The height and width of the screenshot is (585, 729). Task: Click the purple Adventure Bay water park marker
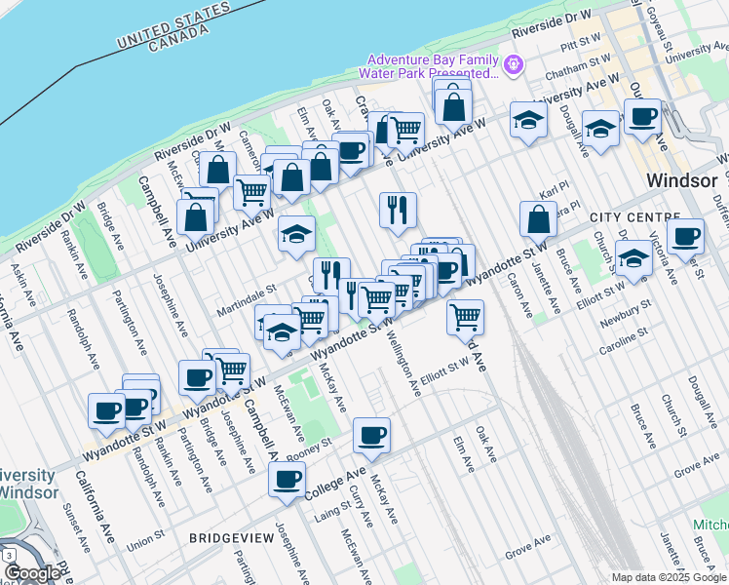tap(514, 65)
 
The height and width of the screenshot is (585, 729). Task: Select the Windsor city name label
tap(682, 182)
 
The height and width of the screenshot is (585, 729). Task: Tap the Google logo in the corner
tap(31, 572)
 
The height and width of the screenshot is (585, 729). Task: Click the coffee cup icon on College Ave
tap(288, 479)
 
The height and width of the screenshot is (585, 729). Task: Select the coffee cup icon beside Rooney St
tap(371, 436)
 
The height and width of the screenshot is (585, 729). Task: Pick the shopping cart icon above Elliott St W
tap(466, 317)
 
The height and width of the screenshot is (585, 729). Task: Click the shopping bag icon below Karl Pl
tap(538, 219)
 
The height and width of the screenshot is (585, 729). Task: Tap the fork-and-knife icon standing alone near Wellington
tap(398, 210)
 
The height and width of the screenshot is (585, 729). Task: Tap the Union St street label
tap(144, 538)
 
